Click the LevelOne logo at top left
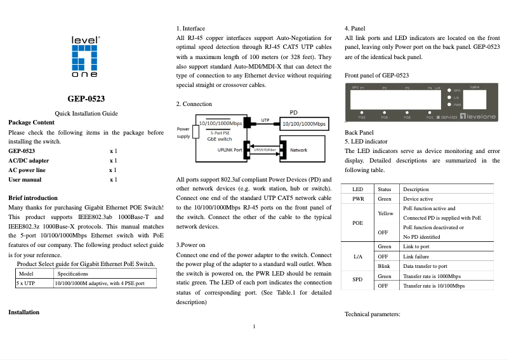click(85, 57)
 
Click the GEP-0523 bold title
click(86, 98)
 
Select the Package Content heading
click(31, 122)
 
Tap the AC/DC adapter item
click(29, 161)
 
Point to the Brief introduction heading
click(33, 198)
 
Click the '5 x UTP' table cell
click(25, 283)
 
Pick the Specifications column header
click(72, 273)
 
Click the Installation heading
click(23, 312)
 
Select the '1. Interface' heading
click(190, 29)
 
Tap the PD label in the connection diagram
click(293, 112)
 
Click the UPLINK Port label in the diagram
click(229, 150)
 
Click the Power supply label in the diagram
click(183, 133)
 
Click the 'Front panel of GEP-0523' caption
click(376, 76)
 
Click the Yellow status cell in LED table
click(385, 213)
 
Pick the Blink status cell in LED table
click(383, 266)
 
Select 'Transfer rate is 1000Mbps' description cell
click(432, 277)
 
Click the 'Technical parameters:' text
click(372, 314)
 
